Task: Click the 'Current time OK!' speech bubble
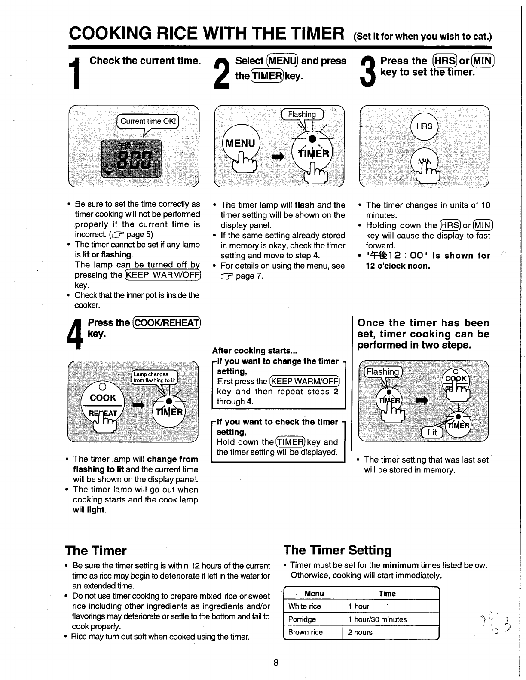(x=148, y=121)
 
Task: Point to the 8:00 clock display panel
(x=131, y=159)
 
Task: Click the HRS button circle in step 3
(x=424, y=126)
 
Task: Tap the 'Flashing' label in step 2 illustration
(x=302, y=114)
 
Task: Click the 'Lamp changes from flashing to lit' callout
(x=154, y=377)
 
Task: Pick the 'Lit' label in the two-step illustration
(x=432, y=432)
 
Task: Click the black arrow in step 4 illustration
(x=138, y=406)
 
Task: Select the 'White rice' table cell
(x=305, y=606)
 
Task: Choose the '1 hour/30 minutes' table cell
(x=377, y=619)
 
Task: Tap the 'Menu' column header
(x=314, y=594)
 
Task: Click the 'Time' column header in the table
(x=387, y=594)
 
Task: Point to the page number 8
(x=276, y=662)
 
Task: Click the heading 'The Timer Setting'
(x=337, y=551)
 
